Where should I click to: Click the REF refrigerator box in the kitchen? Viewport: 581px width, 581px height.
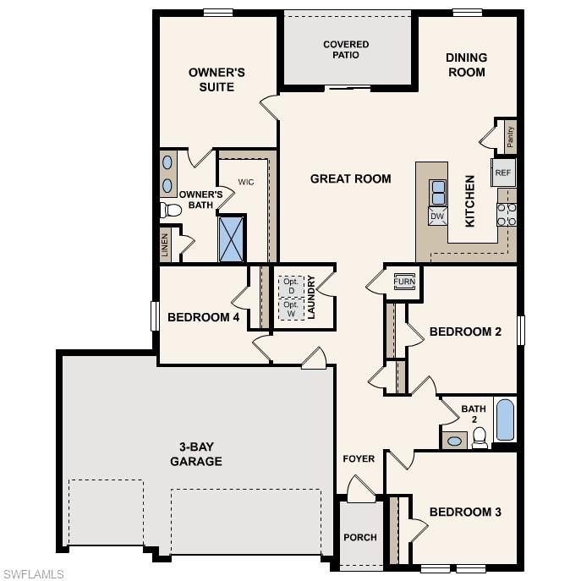(x=503, y=173)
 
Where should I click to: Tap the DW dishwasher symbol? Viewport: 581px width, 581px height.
(x=437, y=217)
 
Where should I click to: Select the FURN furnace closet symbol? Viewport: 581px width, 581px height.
(x=403, y=281)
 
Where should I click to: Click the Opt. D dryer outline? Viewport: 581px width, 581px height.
(x=290, y=285)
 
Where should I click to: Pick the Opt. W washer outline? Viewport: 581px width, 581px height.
(x=290, y=310)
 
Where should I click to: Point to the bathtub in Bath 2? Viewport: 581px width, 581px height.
(x=505, y=419)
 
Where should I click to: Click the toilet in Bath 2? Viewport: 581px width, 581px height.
(x=480, y=436)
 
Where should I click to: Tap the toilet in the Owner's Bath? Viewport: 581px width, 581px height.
(x=172, y=210)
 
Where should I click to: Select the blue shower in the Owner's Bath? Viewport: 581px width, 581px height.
(x=231, y=238)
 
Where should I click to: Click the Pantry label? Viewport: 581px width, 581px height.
(x=510, y=134)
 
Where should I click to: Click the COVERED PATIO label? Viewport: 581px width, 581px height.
(x=346, y=49)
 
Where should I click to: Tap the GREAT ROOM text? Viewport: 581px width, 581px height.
(x=350, y=178)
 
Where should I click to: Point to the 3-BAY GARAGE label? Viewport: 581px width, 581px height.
(x=195, y=453)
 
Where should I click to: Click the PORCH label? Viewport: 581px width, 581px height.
(x=359, y=537)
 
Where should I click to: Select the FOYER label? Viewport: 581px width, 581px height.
(x=358, y=459)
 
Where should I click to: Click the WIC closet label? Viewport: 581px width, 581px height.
(x=246, y=182)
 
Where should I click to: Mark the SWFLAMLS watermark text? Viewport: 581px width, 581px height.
(x=33, y=574)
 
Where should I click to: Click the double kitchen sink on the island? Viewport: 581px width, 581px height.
(x=438, y=194)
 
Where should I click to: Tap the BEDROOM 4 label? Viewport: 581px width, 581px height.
(x=203, y=317)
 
